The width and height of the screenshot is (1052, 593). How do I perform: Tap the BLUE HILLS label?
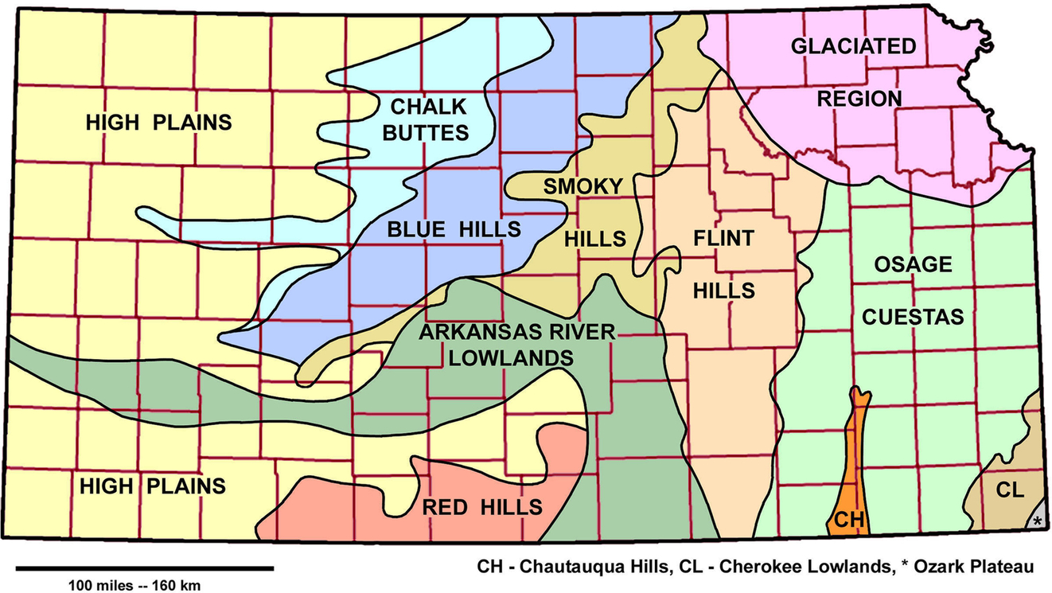[x=454, y=229]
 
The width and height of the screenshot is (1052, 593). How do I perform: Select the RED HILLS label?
[x=482, y=506]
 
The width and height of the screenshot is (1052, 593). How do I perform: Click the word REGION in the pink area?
[x=859, y=99]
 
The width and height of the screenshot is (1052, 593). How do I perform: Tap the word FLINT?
[x=723, y=238]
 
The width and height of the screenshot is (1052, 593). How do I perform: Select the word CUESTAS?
[x=912, y=317]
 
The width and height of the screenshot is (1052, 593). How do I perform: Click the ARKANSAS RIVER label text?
[x=517, y=332]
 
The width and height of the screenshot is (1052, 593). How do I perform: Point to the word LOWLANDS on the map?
[x=511, y=358]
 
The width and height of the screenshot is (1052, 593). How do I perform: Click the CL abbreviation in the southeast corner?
[x=1009, y=490]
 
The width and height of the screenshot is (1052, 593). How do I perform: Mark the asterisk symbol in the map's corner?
[x=1036, y=522]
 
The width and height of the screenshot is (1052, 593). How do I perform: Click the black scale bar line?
[x=144, y=568]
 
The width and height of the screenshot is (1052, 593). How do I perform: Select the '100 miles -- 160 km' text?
[x=133, y=585]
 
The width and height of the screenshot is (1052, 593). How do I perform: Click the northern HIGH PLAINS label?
[x=158, y=123]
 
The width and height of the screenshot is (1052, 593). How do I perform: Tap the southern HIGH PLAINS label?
[x=152, y=485]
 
